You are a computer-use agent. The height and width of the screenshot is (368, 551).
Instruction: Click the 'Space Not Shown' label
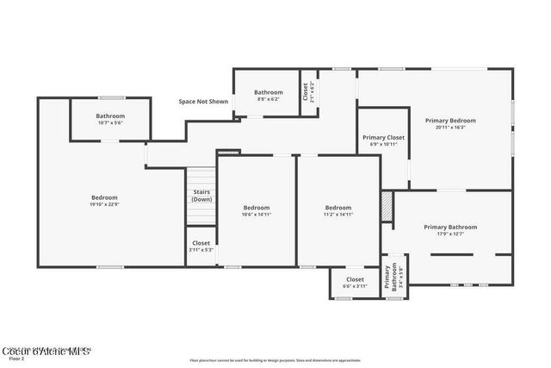click(x=204, y=102)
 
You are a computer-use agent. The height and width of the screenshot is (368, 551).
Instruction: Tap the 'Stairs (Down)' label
click(x=202, y=196)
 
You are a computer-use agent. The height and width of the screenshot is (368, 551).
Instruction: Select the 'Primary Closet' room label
click(x=383, y=137)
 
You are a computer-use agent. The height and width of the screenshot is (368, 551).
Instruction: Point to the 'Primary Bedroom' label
click(x=450, y=121)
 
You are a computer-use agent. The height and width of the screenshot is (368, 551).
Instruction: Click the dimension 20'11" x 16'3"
click(x=450, y=128)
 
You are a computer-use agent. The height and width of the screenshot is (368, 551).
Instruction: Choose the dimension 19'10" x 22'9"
click(x=104, y=204)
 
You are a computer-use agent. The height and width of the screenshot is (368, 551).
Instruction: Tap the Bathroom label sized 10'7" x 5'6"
click(x=110, y=116)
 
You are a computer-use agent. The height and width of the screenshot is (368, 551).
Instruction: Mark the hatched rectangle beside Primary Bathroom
click(x=387, y=206)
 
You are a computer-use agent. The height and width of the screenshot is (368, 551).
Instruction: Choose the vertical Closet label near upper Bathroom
click(x=305, y=91)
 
